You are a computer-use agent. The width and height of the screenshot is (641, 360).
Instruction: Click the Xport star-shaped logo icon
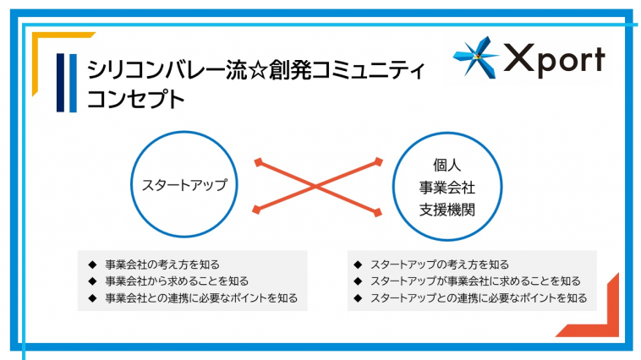(476, 57)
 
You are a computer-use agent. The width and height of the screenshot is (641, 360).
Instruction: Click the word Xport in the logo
(555, 61)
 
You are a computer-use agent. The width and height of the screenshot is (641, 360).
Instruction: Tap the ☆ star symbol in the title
(257, 70)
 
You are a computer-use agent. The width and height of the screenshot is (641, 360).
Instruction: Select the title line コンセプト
(136, 100)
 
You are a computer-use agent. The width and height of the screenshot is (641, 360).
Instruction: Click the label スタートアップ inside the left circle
(184, 185)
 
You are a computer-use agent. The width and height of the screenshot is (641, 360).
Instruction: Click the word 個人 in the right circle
(447, 165)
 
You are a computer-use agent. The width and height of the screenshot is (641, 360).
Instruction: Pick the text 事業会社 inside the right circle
(447, 188)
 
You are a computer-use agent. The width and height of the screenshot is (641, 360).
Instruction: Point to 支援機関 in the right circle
(447, 210)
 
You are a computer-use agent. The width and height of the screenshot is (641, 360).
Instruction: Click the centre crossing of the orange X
(316, 187)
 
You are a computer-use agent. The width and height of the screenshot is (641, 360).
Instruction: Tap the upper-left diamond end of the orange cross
(258, 162)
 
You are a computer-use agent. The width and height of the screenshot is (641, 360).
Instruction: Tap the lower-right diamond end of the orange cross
(378, 212)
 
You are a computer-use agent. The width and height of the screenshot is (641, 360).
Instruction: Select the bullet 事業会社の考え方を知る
(162, 265)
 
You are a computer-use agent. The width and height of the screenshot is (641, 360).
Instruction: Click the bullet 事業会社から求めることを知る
(177, 281)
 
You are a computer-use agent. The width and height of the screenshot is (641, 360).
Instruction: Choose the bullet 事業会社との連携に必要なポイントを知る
(201, 298)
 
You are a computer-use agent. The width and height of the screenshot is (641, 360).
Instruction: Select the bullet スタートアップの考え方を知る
(440, 265)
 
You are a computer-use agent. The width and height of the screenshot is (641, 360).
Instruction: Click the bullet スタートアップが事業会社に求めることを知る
(475, 281)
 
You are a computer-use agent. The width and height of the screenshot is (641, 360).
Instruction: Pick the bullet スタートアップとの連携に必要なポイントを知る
(479, 298)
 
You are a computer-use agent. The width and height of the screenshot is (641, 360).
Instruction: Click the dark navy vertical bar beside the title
(61, 83)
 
